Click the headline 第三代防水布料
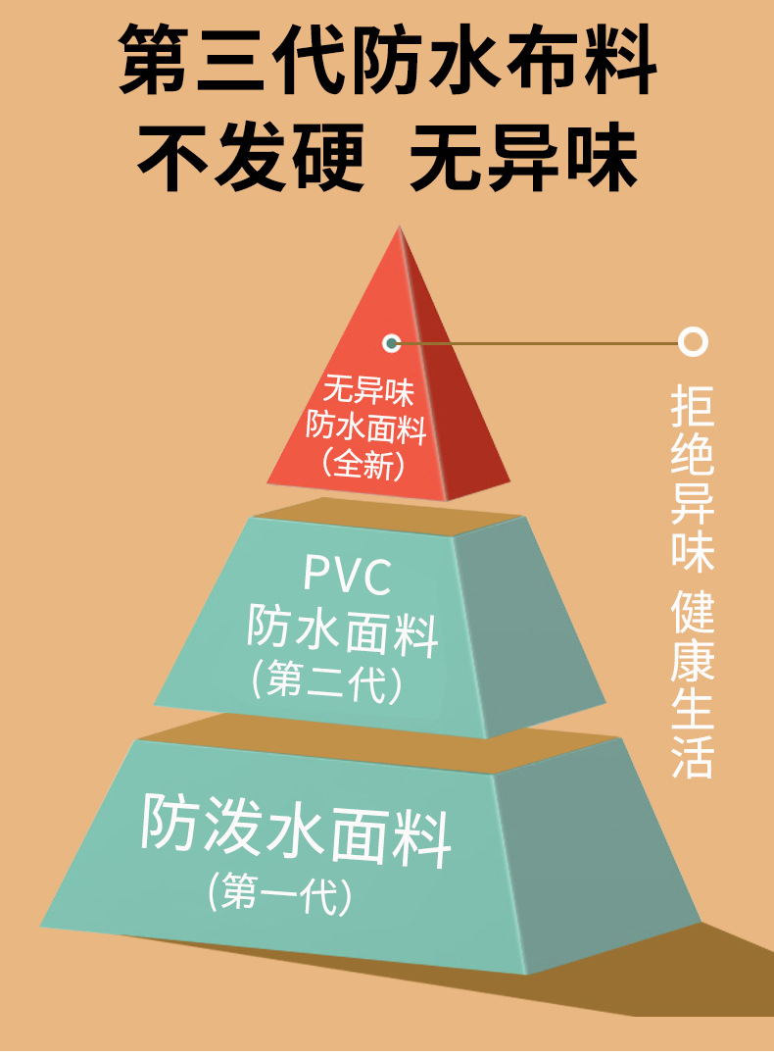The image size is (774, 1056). tap(387, 61)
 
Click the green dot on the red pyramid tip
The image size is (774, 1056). tap(392, 342)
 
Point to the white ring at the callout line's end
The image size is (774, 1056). tap(694, 342)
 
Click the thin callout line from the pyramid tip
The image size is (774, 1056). tap(539, 343)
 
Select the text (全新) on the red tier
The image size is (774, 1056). tap(363, 464)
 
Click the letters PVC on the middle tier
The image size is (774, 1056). tap(347, 576)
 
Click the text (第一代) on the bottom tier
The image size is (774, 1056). tap(279, 893)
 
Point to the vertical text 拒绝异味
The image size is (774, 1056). tap(693, 478)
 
